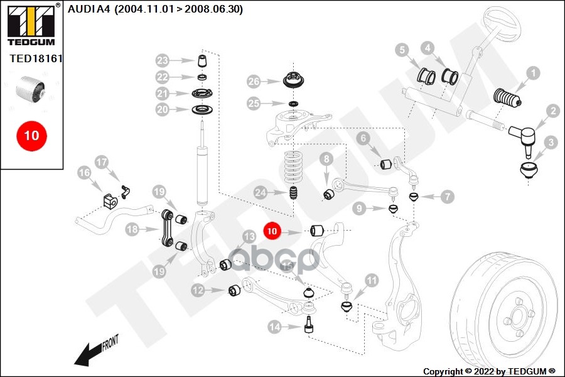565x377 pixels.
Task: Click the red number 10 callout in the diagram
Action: pyautogui.click(x=272, y=231)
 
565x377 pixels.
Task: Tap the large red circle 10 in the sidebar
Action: pyautogui.click(x=31, y=135)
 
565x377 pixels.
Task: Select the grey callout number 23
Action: pyautogui.click(x=163, y=61)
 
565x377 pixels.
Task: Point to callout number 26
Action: pyautogui.click(x=253, y=82)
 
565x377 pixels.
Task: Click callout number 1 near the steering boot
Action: pyautogui.click(x=532, y=74)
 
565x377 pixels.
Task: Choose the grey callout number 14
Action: pyautogui.click(x=274, y=326)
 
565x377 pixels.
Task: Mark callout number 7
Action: pyautogui.click(x=447, y=197)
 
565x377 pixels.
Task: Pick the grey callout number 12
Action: pyautogui.click(x=198, y=290)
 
